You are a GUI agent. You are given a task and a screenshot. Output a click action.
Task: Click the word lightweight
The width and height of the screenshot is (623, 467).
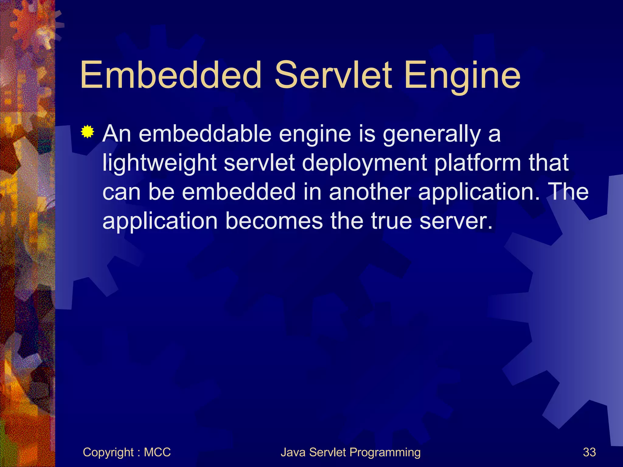pyautogui.click(x=159, y=163)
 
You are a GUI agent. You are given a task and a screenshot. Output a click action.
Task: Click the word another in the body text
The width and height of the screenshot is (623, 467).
pyautogui.click(x=370, y=192)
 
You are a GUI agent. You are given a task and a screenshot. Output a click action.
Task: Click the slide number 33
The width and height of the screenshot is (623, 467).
pyautogui.click(x=589, y=452)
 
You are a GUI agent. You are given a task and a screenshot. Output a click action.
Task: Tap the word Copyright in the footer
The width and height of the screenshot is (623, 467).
pyautogui.click(x=108, y=452)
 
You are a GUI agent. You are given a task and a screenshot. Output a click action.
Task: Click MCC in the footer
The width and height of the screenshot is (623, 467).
pyautogui.click(x=157, y=452)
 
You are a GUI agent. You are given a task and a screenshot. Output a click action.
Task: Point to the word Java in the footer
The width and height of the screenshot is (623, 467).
pyautogui.click(x=293, y=452)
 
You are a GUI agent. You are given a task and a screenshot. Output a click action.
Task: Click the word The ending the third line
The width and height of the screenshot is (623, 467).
pyautogui.click(x=567, y=192)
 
